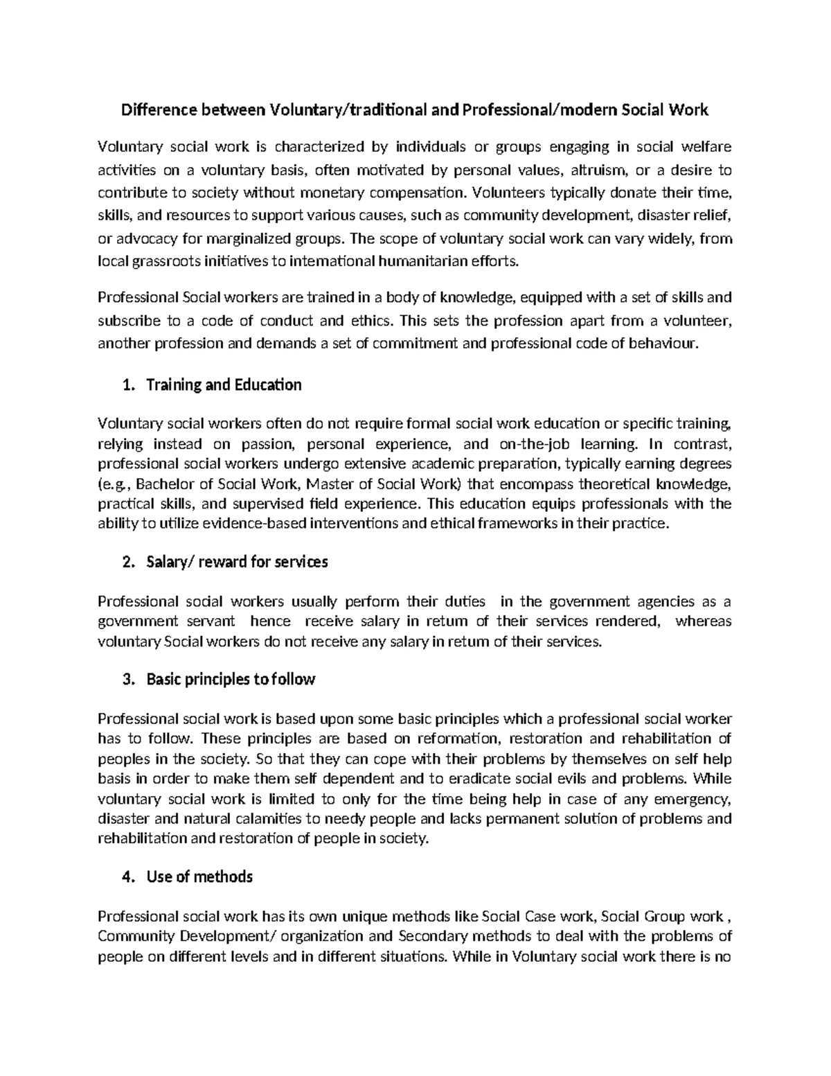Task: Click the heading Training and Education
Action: (224, 385)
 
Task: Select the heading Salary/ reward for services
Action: (237, 562)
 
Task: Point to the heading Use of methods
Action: (199, 876)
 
